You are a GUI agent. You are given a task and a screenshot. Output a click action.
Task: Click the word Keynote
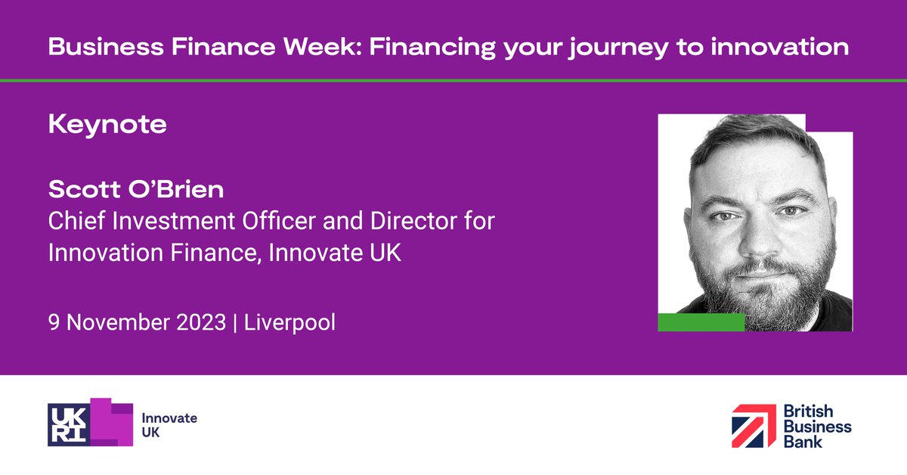point(107,125)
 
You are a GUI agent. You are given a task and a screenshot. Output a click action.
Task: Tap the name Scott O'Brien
point(136,189)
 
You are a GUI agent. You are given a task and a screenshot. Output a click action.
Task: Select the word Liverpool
point(290,322)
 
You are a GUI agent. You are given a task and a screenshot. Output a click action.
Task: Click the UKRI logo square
point(70,423)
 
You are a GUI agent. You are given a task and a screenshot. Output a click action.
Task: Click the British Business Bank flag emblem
point(753,425)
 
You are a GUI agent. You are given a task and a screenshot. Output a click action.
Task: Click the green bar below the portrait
point(701,322)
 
